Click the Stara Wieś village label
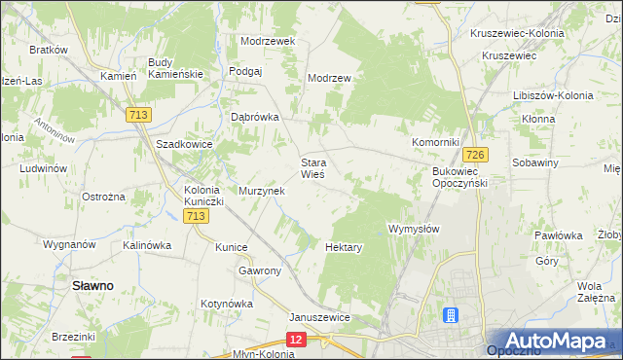click(x=312, y=168)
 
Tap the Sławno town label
click(x=92, y=285)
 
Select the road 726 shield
click(x=475, y=155)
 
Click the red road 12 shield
click(x=297, y=338)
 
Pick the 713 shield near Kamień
click(x=137, y=115)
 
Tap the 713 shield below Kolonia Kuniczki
click(x=195, y=216)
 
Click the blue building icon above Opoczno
click(x=451, y=315)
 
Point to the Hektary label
click(x=344, y=247)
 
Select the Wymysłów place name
click(x=415, y=229)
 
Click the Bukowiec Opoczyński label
click(x=458, y=176)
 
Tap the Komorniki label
click(x=434, y=142)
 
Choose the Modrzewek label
click(x=268, y=42)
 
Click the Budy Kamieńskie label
click(x=174, y=68)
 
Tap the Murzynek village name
click(x=261, y=191)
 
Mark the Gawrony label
click(x=260, y=270)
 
